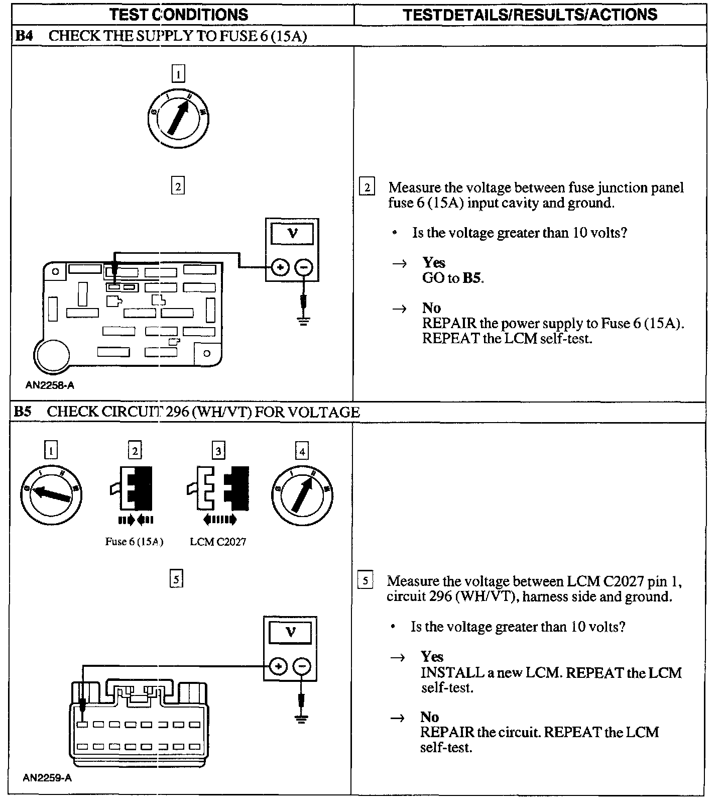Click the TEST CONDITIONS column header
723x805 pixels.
pyautogui.click(x=179, y=14)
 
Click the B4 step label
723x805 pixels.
pyautogui.click(x=24, y=36)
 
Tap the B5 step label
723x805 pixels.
pyautogui.click(x=23, y=412)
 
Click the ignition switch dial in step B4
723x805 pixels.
pyautogui.click(x=178, y=119)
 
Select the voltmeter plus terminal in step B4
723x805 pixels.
pyautogui.click(x=280, y=267)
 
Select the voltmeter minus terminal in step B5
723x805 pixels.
pyautogui.click(x=301, y=666)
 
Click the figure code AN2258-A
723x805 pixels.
pyautogui.click(x=50, y=385)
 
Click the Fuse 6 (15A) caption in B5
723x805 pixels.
pyautogui.click(x=134, y=542)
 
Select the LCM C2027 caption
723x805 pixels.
pyautogui.click(x=218, y=542)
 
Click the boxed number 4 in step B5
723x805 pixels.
pyautogui.click(x=302, y=451)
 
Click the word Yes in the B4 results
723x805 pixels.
pyautogui.click(x=434, y=262)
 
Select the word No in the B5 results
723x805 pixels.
pyautogui.click(x=430, y=717)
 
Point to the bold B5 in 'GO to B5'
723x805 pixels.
pyautogui.click(x=471, y=278)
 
